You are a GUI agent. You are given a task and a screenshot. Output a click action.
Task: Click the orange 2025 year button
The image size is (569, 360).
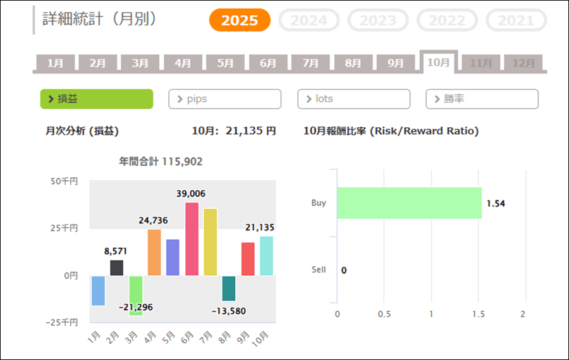pos(240,20)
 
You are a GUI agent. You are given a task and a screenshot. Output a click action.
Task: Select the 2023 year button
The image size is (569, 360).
pos(378,20)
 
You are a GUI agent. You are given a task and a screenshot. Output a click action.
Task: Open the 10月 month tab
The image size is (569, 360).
pos(438,62)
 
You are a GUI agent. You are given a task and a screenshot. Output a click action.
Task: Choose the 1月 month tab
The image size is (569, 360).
pos(55,63)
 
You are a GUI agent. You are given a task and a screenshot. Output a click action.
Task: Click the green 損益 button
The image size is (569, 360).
pos(97,99)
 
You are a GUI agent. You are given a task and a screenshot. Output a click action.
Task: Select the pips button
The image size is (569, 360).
pos(224,99)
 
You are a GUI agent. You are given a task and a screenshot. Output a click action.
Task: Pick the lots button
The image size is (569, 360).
pos(353,99)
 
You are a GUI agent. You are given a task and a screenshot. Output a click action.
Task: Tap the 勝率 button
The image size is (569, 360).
pos(482,99)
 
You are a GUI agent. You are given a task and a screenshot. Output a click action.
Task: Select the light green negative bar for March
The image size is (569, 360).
pos(135,295)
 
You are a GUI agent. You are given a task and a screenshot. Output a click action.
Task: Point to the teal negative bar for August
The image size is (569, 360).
pos(229,288)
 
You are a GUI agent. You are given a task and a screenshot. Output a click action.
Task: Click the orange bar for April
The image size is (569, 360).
pos(154,252)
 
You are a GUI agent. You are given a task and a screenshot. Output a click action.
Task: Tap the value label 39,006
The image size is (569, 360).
pos(191,194)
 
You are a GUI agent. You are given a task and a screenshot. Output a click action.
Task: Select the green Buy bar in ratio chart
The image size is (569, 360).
pos(409,203)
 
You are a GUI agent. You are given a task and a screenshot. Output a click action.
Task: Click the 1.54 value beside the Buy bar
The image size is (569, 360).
pos(496,203)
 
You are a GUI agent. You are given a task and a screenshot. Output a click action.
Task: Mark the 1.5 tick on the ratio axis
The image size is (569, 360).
pos(478,314)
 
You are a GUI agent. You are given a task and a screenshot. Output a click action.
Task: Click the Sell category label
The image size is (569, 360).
pos(319,270)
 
